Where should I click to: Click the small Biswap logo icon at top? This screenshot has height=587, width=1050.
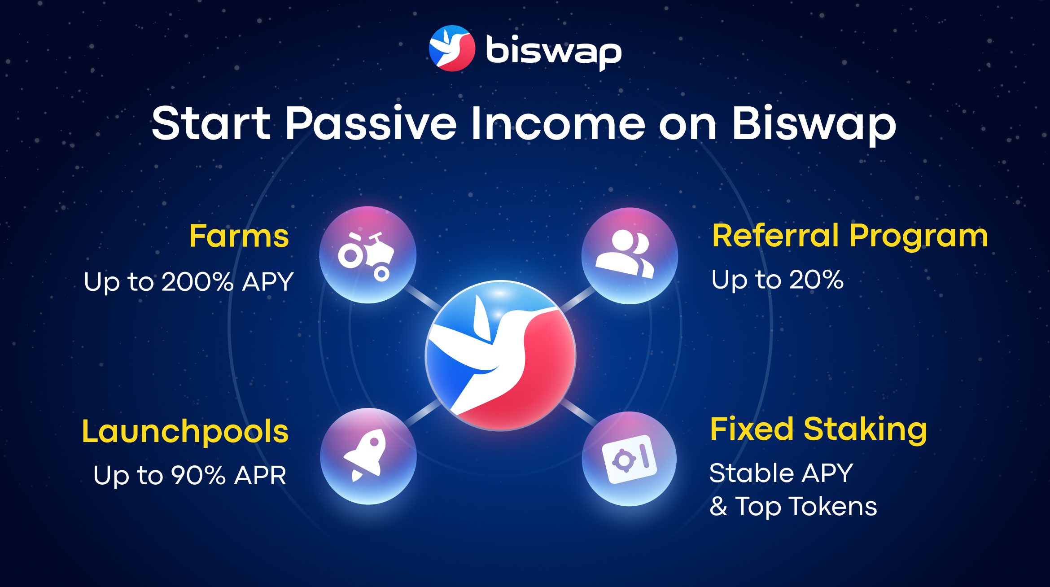coord(452,48)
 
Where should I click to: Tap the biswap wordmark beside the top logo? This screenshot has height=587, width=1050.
coord(554,52)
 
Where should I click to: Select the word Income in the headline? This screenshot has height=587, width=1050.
coord(558,123)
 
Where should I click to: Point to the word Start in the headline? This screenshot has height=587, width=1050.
coord(211,123)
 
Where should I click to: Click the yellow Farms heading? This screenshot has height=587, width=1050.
coord(239,236)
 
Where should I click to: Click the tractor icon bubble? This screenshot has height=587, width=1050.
coord(367,255)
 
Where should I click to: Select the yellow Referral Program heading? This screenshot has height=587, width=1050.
coord(850,236)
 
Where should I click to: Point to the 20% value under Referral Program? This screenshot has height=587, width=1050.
coord(816,280)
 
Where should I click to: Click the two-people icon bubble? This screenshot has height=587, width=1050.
coord(630,256)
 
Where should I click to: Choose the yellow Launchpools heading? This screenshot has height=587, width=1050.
coord(185,432)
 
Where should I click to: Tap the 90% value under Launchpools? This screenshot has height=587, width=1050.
coord(198,475)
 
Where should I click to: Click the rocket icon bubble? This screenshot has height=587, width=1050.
coord(368,456)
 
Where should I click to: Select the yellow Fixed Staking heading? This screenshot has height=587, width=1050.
coord(818,429)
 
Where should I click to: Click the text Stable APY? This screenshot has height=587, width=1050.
coord(781,473)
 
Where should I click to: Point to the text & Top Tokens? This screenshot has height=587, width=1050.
coord(793,507)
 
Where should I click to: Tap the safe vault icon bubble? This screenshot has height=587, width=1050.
coord(629,459)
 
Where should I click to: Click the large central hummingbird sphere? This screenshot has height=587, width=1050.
coord(500,355)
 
